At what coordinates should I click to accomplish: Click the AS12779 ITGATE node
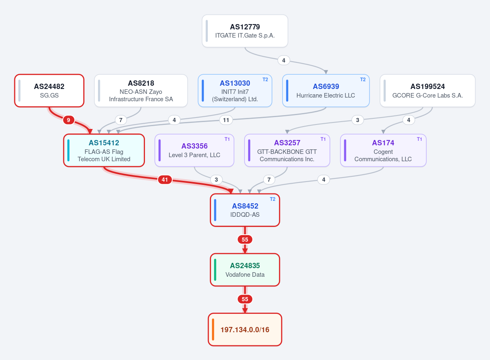click(x=245, y=31)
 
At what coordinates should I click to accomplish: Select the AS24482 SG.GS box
click(x=49, y=91)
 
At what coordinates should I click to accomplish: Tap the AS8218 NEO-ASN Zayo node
click(x=141, y=91)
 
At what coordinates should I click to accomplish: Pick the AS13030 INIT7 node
click(x=235, y=91)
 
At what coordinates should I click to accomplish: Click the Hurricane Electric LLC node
click(x=326, y=91)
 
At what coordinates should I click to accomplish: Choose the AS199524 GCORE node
click(x=428, y=91)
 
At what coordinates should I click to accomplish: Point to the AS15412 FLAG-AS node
click(x=104, y=150)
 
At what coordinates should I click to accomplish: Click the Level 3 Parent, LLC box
click(x=194, y=150)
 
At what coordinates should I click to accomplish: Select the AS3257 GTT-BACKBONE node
click(x=287, y=150)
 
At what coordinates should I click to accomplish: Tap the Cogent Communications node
click(x=383, y=150)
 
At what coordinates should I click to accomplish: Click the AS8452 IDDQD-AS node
click(x=245, y=210)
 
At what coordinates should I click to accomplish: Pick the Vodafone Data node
click(x=245, y=270)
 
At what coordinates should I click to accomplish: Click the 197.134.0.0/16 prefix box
click(x=245, y=329)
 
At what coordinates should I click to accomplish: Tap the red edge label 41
click(x=165, y=180)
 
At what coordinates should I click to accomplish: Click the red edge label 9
click(x=69, y=120)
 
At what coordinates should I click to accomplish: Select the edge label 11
click(x=226, y=120)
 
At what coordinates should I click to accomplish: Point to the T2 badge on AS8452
click(x=273, y=199)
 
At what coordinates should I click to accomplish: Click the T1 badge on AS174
click(x=419, y=139)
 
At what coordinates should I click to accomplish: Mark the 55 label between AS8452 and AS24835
click(x=245, y=240)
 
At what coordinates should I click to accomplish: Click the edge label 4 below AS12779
click(x=284, y=60)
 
